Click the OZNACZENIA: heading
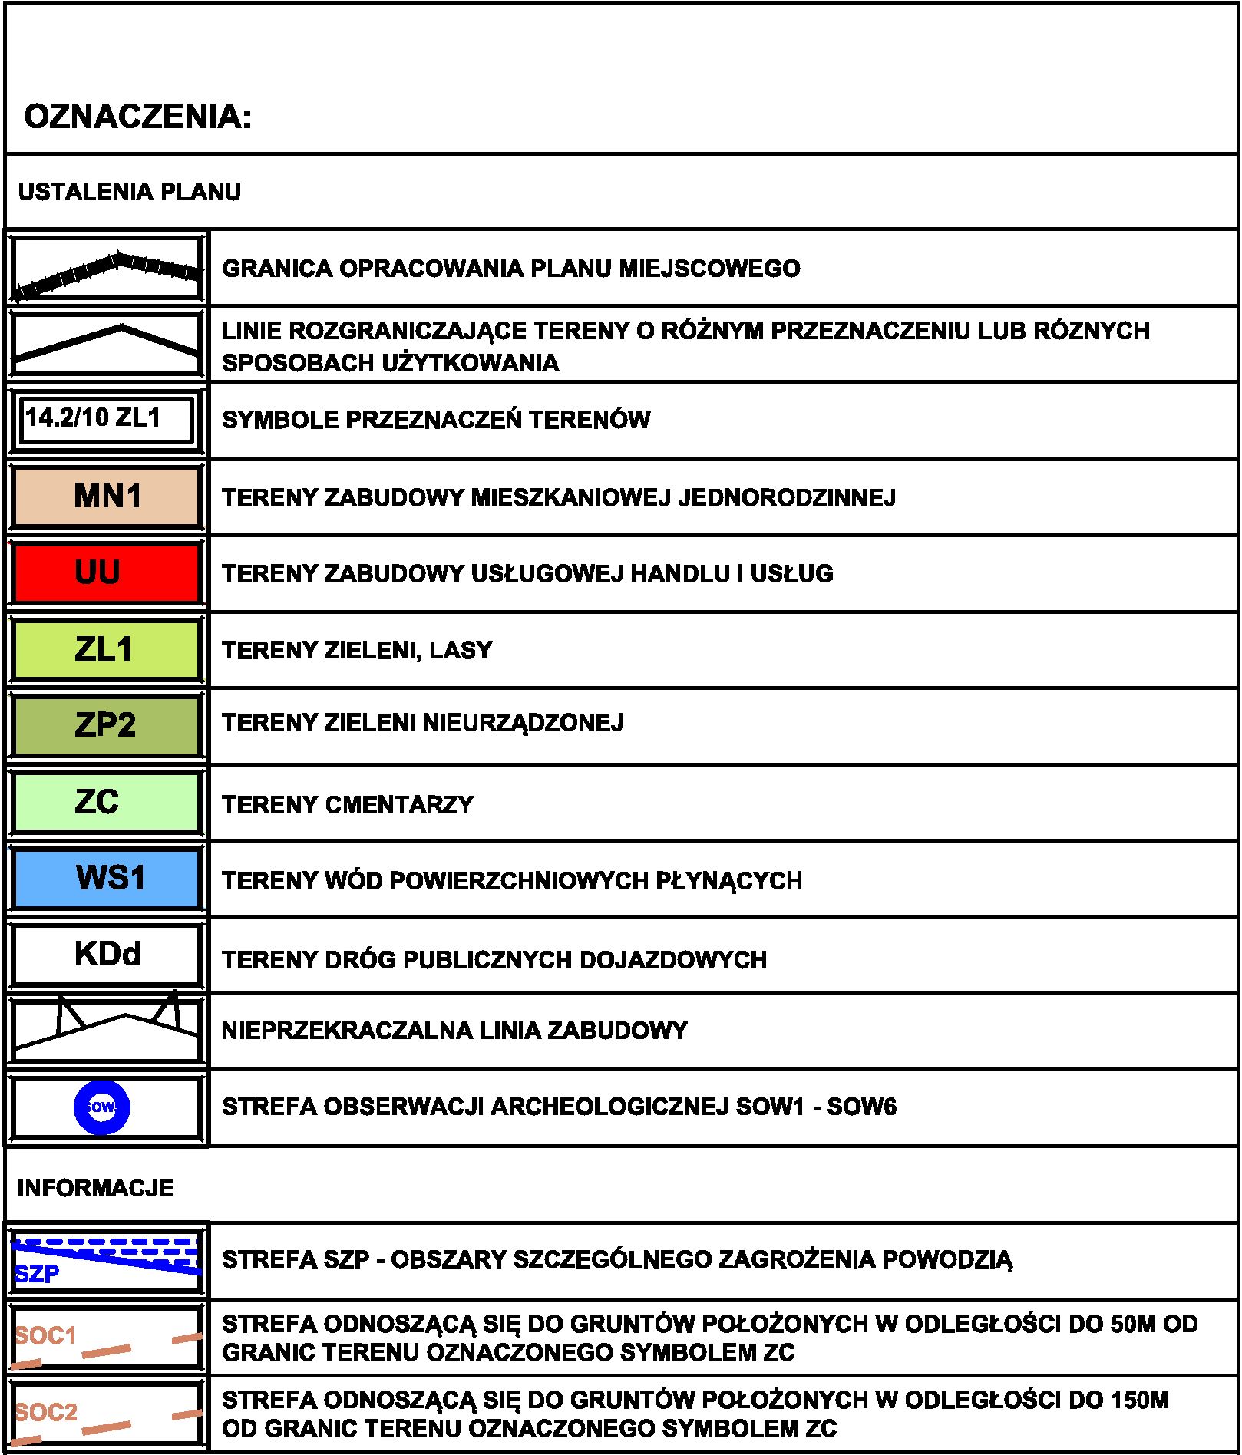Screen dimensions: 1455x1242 pyautogui.click(x=138, y=117)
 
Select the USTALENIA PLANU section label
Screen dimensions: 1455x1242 pyautogui.click(x=129, y=192)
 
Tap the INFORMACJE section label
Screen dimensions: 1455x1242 pyautogui.click(x=95, y=1188)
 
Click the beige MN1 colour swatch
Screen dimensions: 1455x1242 pyautogui.click(x=107, y=497)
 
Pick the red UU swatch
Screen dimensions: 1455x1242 pyautogui.click(x=107, y=573)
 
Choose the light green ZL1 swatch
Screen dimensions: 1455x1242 pyautogui.click(x=107, y=649)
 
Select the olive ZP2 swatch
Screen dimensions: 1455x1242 pyautogui.click(x=107, y=724)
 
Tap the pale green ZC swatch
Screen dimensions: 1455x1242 pyautogui.click(x=107, y=802)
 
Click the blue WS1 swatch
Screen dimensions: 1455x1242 pyautogui.click(x=107, y=878)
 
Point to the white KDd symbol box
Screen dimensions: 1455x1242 pyautogui.click(x=107, y=954)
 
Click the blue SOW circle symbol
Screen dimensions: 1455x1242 pyautogui.click(x=101, y=1107)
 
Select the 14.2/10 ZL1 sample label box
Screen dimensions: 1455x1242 pyautogui.click(x=106, y=419)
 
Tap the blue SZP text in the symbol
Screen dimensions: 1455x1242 pyautogui.click(x=37, y=1275)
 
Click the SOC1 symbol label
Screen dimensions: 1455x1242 pyautogui.click(x=45, y=1336)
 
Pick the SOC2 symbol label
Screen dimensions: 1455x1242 pyautogui.click(x=46, y=1413)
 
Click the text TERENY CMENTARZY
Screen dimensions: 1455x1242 pyautogui.click(x=348, y=805)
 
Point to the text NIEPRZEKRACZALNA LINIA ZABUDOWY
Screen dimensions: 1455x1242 pyautogui.click(x=454, y=1031)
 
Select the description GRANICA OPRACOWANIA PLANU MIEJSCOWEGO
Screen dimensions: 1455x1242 pyautogui.click(x=511, y=269)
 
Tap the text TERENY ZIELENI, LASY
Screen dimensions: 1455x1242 pyautogui.click(x=357, y=651)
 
